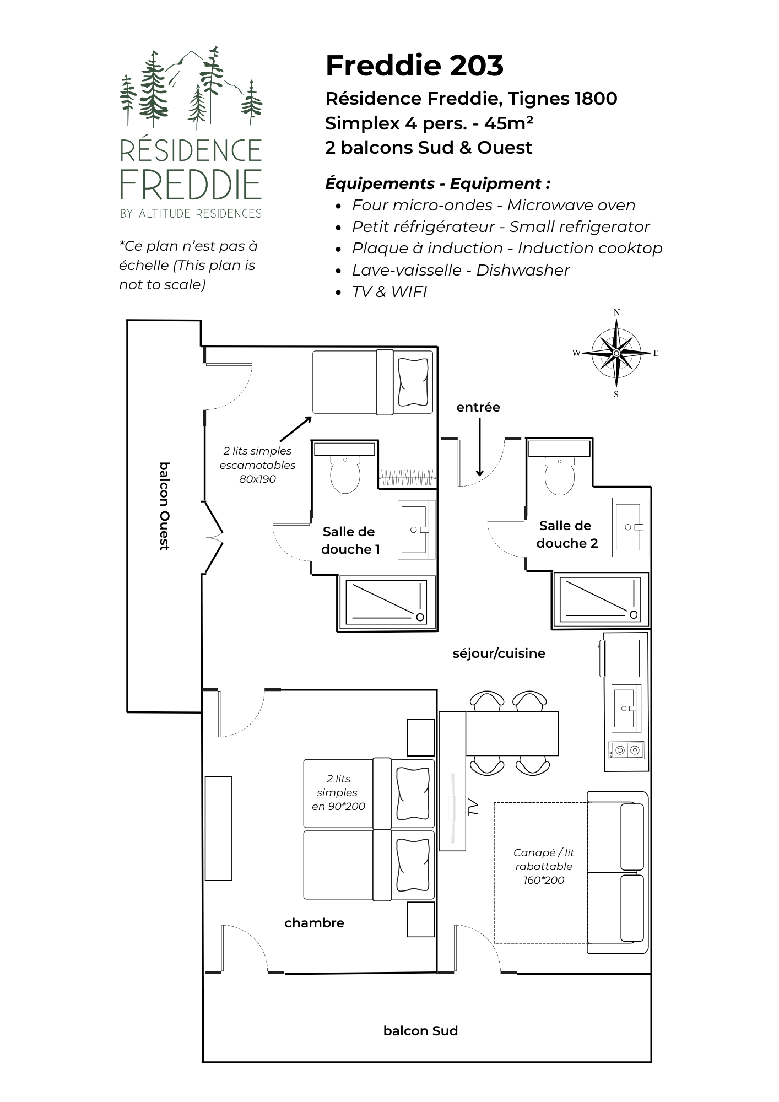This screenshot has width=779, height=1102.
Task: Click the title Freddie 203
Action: tap(414, 66)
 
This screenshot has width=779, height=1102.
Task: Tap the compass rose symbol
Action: tap(616, 353)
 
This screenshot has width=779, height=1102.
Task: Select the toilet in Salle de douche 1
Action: tap(345, 474)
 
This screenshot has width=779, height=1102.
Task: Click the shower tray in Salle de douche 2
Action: tap(601, 599)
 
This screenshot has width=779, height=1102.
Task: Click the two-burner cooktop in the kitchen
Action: tap(627, 750)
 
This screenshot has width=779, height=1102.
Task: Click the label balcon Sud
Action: tap(420, 1031)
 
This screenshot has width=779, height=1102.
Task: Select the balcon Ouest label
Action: tap(164, 506)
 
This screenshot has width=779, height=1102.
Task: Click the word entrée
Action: tap(478, 407)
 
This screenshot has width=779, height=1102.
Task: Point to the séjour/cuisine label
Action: tap(499, 653)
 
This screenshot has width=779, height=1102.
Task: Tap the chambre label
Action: tap(314, 923)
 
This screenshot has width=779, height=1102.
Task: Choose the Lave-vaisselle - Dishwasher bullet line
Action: tap(461, 270)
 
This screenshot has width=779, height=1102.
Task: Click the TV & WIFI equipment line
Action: tap(389, 291)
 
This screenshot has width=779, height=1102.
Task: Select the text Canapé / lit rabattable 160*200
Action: tap(543, 866)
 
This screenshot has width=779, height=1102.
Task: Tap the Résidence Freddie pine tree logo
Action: tap(191, 88)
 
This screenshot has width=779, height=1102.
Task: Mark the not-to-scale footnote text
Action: tap(188, 265)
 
